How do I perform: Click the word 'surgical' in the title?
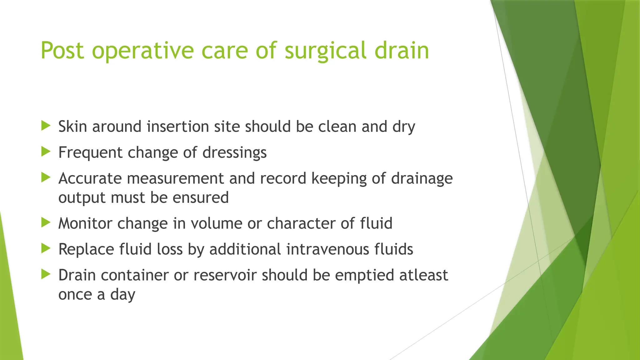[x=325, y=51]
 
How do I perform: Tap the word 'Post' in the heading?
[x=62, y=51]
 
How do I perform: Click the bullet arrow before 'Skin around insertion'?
[x=46, y=126]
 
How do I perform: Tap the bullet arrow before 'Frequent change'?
[x=46, y=152]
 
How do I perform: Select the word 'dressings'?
[x=234, y=153]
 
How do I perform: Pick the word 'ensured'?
[x=201, y=198]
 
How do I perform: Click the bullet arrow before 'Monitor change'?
[x=46, y=223]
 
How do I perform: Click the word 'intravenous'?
[x=323, y=249]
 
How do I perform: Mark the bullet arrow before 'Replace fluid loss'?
[x=46, y=249]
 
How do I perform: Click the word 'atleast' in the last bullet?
[x=423, y=275]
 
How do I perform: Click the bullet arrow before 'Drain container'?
[x=46, y=275]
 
